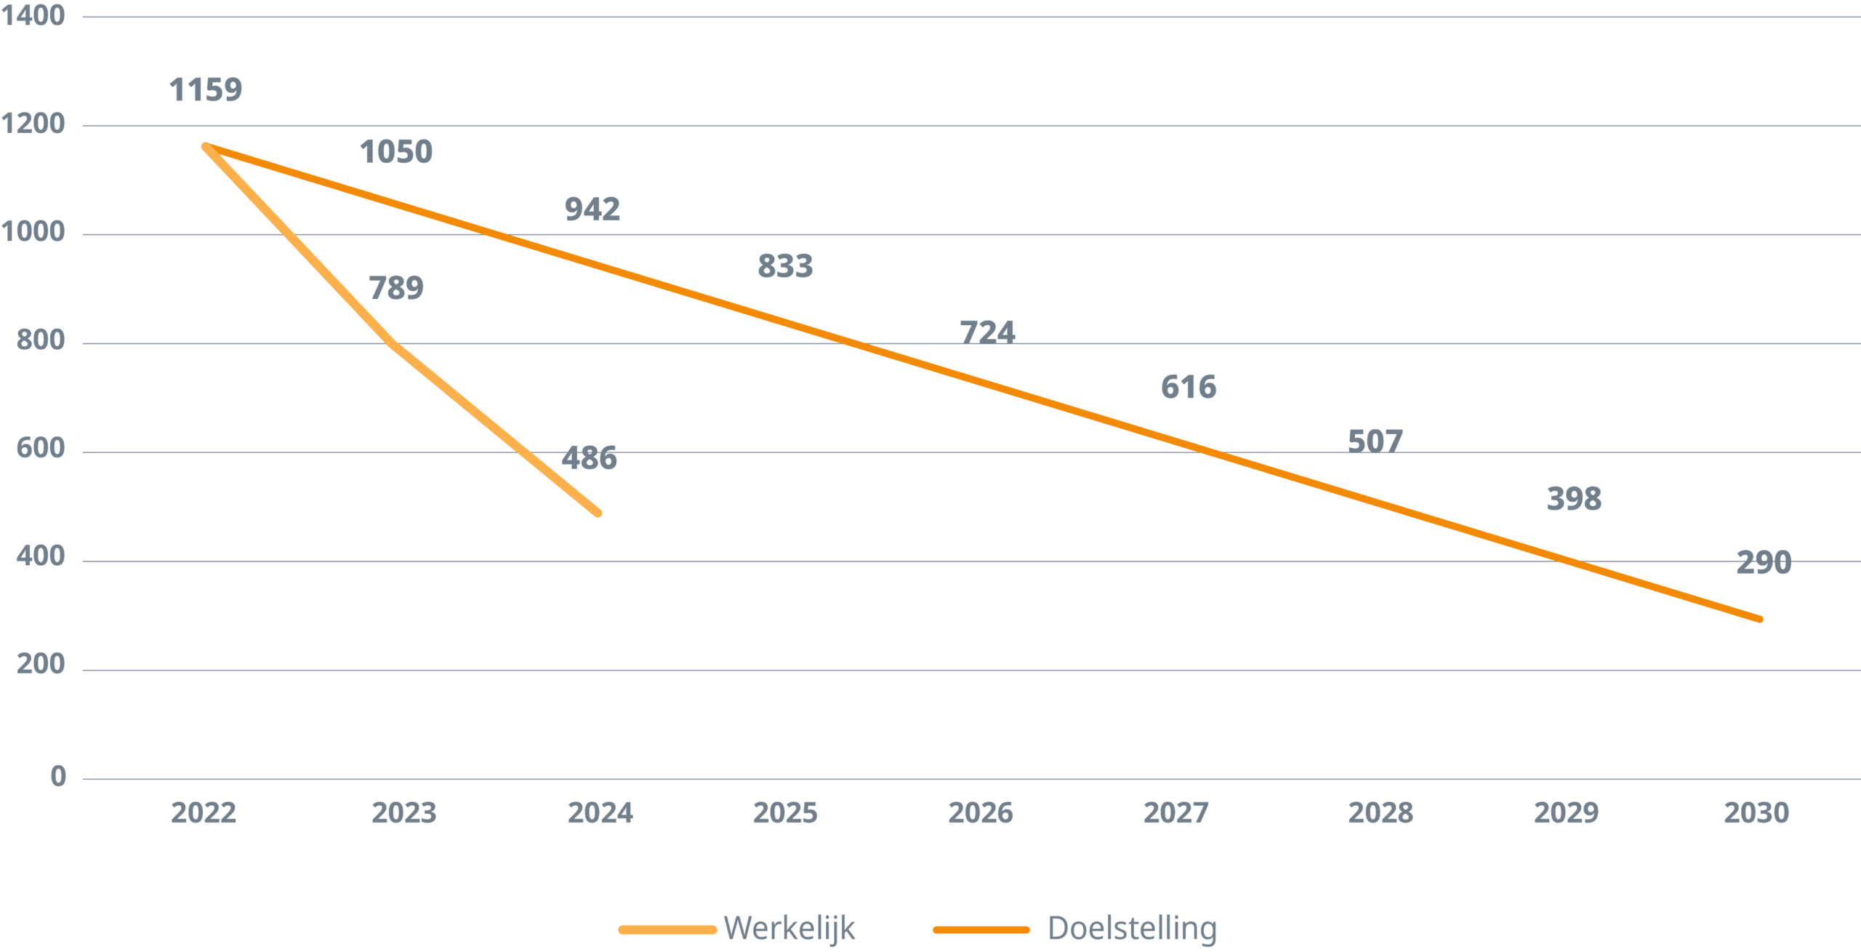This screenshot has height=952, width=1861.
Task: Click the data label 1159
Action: tap(206, 90)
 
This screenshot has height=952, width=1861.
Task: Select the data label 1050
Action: tap(396, 152)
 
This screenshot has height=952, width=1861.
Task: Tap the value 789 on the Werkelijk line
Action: tap(396, 288)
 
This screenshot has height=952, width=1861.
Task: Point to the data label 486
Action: tap(590, 458)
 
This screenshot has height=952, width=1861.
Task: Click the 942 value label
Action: tap(592, 209)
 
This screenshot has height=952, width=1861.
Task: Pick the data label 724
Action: tap(987, 332)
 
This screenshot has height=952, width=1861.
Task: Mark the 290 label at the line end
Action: tap(1764, 563)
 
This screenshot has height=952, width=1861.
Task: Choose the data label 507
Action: tap(1375, 441)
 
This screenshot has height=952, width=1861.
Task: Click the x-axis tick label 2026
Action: tap(980, 813)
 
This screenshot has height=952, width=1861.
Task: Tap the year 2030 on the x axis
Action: tap(1756, 813)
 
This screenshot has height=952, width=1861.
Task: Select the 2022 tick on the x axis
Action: tap(204, 813)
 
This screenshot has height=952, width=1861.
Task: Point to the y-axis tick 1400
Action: tap(33, 15)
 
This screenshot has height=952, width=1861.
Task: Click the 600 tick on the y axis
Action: tap(41, 448)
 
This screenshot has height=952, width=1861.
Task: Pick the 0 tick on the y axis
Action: tap(58, 777)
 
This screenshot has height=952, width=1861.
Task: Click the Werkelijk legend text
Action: tap(789, 929)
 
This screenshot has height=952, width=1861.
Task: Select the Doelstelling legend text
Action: tap(1132, 929)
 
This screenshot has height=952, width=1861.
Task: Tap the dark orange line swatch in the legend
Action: tap(981, 929)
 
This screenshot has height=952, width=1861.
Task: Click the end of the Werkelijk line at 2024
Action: tap(598, 513)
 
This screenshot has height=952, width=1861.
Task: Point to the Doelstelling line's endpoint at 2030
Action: tap(1760, 620)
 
